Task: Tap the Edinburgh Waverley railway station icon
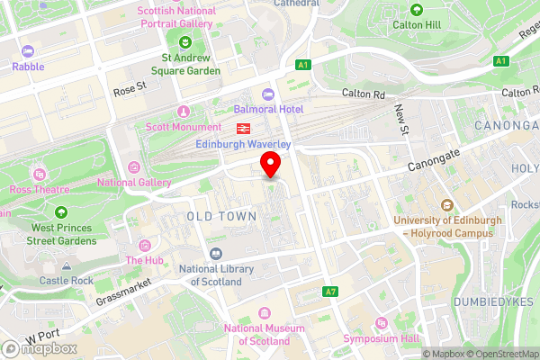[242, 130]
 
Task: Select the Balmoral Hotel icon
[267, 94]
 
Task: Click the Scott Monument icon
[183, 112]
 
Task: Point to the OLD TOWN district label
[220, 217]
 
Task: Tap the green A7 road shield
[331, 292]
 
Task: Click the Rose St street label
[130, 92]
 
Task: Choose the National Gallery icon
[134, 167]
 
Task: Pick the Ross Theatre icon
[39, 174]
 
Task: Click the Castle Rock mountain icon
[67, 267]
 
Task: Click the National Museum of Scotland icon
[264, 313]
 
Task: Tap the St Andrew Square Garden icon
[185, 40]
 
